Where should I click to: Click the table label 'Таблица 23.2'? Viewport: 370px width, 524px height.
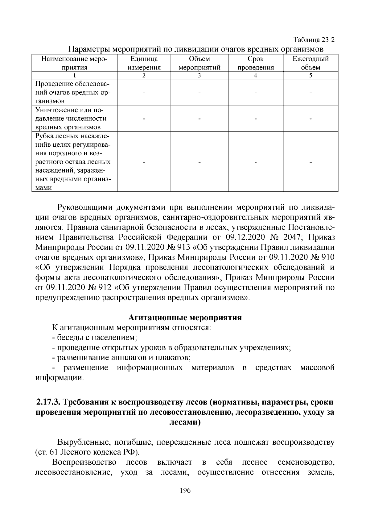314,40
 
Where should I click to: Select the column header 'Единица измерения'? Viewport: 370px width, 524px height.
144,63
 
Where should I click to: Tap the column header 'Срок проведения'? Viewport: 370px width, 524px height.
256,63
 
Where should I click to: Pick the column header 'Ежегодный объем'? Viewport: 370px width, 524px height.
310,63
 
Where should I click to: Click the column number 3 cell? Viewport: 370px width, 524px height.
199,76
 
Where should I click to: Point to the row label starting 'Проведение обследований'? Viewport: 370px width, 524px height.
73,92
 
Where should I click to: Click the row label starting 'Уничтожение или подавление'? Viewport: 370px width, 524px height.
71,118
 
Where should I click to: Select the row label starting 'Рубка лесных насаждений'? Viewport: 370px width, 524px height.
73,162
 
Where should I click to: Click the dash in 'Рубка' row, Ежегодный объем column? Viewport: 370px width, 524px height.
310,162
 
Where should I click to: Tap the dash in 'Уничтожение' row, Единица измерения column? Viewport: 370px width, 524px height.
144,119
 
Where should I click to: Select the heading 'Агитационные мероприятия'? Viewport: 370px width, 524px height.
185,318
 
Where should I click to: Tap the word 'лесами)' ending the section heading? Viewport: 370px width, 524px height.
185,422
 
